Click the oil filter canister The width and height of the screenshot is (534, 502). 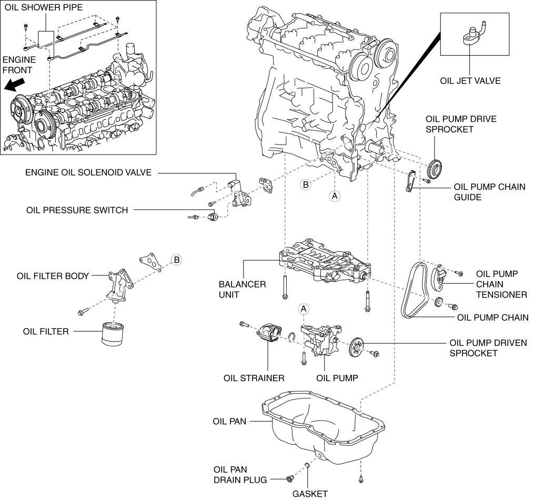click(x=113, y=334)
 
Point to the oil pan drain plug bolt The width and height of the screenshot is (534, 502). click(x=290, y=479)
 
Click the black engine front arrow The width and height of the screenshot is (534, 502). click(x=15, y=85)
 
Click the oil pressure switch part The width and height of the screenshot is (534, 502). click(x=213, y=216)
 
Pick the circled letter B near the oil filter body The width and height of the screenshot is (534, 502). click(x=176, y=260)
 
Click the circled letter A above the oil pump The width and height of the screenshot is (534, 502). click(x=303, y=309)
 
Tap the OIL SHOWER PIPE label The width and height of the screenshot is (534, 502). click(x=44, y=7)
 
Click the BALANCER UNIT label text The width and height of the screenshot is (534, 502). click(x=242, y=289)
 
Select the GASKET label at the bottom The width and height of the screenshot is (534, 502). click(x=310, y=494)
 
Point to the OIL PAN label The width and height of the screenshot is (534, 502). click(x=229, y=422)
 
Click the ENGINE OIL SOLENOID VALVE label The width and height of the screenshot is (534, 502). click(x=88, y=172)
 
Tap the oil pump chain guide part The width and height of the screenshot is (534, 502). click(x=410, y=181)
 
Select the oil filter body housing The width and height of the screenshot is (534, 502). click(x=120, y=285)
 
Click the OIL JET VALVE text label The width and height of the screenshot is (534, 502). click(x=470, y=81)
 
